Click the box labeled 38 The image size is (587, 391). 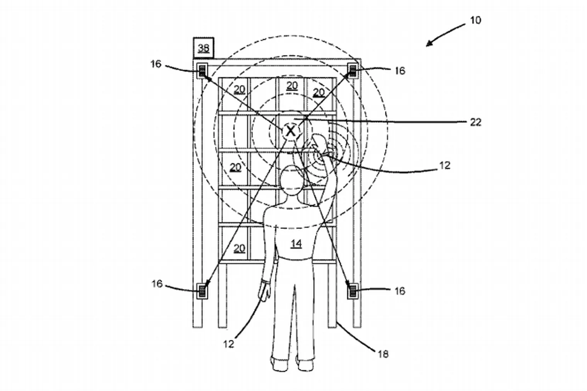click(x=203, y=48)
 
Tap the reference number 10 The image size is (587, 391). click(x=475, y=20)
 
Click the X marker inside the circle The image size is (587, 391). click(x=290, y=131)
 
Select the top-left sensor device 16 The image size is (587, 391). click(x=202, y=71)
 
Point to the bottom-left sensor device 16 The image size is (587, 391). click(x=202, y=290)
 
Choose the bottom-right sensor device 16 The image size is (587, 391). click(x=353, y=290)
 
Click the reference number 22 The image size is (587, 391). click(x=475, y=122)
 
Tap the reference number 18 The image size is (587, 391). click(x=383, y=353)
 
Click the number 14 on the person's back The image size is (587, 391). click(x=296, y=244)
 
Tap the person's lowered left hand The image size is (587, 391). click(x=265, y=291)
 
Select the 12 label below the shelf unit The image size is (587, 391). click(x=229, y=343)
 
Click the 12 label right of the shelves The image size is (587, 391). click(x=444, y=165)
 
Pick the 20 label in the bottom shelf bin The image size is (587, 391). click(x=239, y=248)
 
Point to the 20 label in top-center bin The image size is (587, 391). click(x=292, y=85)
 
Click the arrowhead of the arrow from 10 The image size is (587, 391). click(x=428, y=45)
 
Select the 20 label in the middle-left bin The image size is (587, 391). click(x=235, y=167)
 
